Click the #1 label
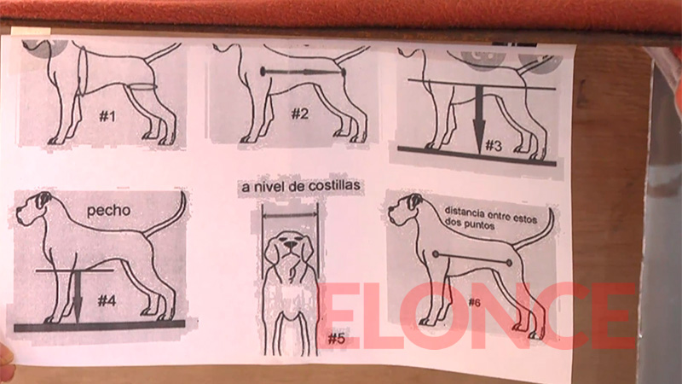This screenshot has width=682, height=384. (x=107, y=116)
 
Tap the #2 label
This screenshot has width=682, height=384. (x=300, y=114)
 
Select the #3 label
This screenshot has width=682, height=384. (x=494, y=146)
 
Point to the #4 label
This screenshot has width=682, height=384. (x=107, y=300)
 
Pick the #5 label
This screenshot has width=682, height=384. (x=336, y=338)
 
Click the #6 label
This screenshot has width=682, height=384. (x=474, y=302)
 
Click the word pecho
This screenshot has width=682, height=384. (x=109, y=211)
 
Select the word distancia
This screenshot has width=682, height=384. (x=464, y=212)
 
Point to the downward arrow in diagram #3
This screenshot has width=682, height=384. (x=479, y=119)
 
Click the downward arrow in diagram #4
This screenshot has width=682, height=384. (x=78, y=297)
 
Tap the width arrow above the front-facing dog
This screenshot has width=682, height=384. (x=290, y=214)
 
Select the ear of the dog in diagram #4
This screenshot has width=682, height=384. (x=43, y=201)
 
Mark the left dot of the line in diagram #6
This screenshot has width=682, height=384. (x=435, y=254)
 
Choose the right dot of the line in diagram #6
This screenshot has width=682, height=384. (x=509, y=263)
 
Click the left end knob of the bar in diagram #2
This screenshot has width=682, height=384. (x=263, y=71)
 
